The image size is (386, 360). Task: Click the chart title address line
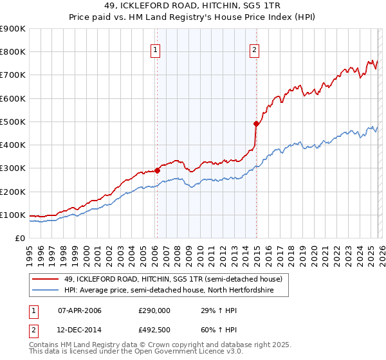tap(193, 6)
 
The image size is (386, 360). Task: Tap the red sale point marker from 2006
tap(157, 170)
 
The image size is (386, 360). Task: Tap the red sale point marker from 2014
tap(256, 123)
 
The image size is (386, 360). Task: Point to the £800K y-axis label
tap(13, 52)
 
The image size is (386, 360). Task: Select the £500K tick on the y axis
tap(13, 122)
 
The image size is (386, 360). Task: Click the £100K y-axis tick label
tap(13, 215)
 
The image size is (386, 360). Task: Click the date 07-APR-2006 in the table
tap(79, 310)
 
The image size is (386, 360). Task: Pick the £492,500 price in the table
tap(154, 330)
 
